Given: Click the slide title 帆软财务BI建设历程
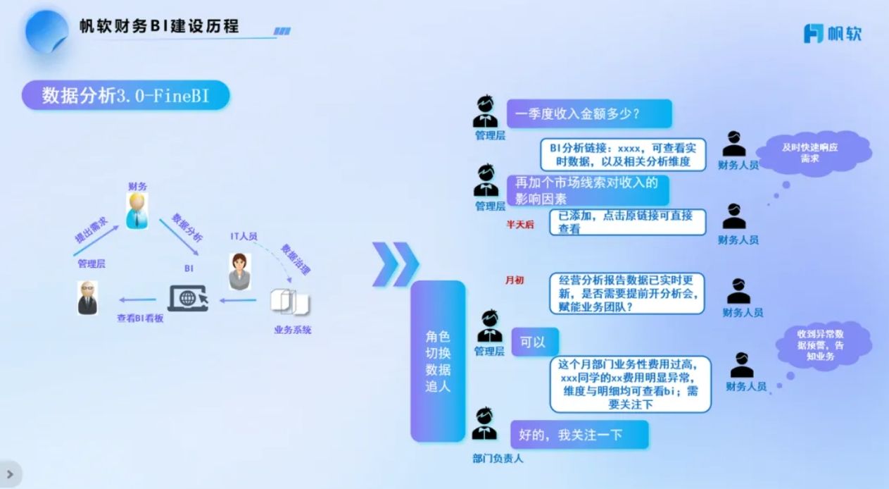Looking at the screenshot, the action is click(159, 27).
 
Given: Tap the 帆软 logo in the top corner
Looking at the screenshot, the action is click(833, 33).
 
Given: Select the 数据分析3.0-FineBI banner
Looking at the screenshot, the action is click(125, 96).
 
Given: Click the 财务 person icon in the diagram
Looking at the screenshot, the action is click(137, 210).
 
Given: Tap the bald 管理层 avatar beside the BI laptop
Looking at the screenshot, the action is click(87, 297).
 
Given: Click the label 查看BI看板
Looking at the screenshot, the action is click(140, 318).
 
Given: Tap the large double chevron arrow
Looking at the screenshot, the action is click(395, 264).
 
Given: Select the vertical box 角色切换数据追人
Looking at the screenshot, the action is click(438, 361).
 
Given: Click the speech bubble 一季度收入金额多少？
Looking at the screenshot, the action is click(588, 113).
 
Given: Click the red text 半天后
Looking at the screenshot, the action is click(520, 224).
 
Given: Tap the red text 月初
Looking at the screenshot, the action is click(515, 280).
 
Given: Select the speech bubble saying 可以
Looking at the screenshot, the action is click(534, 342).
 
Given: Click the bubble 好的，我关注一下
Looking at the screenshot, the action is click(579, 435).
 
